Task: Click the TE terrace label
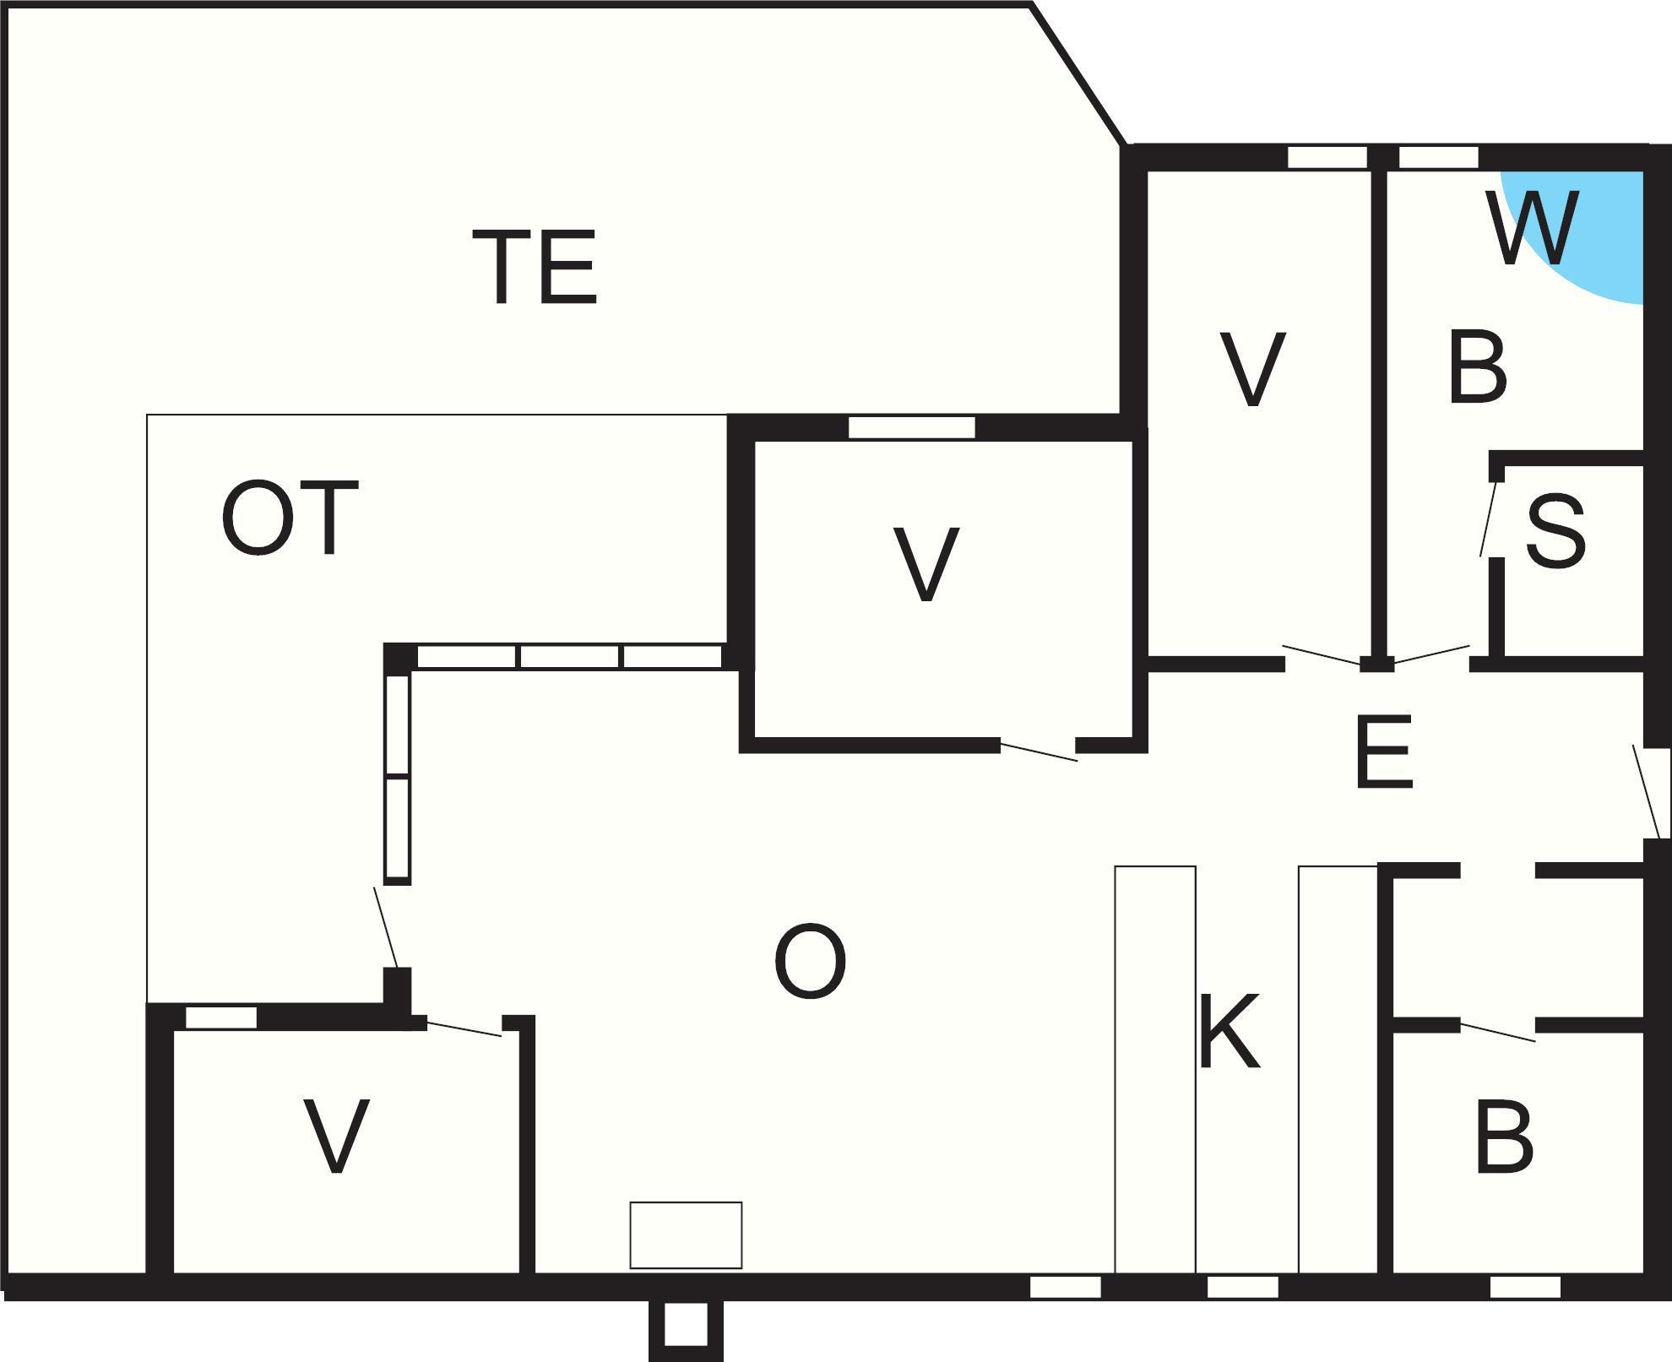pyautogui.click(x=535, y=266)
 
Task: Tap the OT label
pyautogui.click(x=290, y=518)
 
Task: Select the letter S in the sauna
pyautogui.click(x=1555, y=531)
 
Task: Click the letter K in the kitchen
pyautogui.click(x=1230, y=1031)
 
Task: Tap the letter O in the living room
pyautogui.click(x=810, y=961)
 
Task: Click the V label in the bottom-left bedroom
pyautogui.click(x=337, y=1136)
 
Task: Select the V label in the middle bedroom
pyautogui.click(x=926, y=565)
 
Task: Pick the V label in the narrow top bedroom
pyautogui.click(x=1252, y=369)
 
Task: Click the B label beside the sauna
pyautogui.click(x=1478, y=368)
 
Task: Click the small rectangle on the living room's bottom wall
pyautogui.click(x=686, y=1235)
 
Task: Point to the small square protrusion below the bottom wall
pyautogui.click(x=686, y=1329)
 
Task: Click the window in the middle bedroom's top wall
pyautogui.click(x=912, y=427)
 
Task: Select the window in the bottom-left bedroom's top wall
pyautogui.click(x=221, y=1017)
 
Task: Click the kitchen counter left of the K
pyautogui.click(x=1155, y=1069)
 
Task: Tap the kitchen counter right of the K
pyautogui.click(x=1338, y=1069)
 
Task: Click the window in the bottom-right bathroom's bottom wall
pyautogui.click(x=1525, y=1287)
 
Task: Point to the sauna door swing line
pyautogui.click(x=1489, y=518)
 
